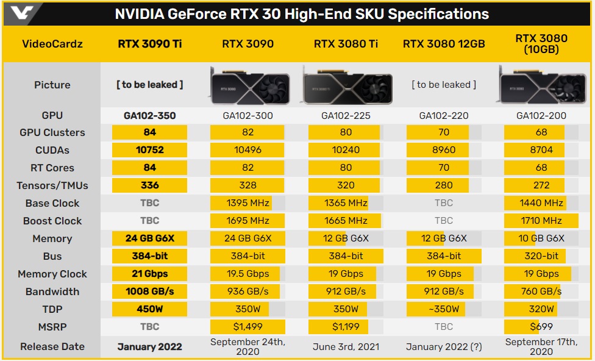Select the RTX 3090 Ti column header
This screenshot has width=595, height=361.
point(149,43)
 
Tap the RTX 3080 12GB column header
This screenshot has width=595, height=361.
point(444,43)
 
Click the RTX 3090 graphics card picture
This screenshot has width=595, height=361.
point(248,84)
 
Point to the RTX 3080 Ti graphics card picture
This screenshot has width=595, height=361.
point(346,85)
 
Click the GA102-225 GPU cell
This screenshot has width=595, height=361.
point(346,115)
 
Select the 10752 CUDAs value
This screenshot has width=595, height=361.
point(149,150)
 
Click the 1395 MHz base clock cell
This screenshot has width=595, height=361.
point(248,203)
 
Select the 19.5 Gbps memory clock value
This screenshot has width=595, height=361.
point(248,274)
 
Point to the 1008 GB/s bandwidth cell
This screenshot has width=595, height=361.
point(149,291)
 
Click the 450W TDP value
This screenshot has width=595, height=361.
point(149,309)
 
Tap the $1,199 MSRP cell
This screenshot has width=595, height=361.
point(346,327)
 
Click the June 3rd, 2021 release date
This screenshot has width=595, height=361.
point(346,346)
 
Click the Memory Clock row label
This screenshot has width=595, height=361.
point(52,274)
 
